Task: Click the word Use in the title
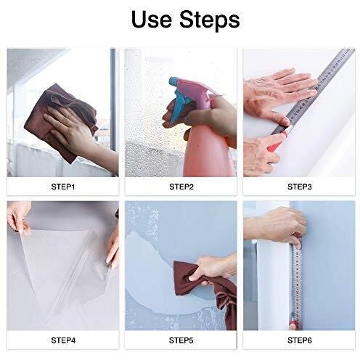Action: (151, 19)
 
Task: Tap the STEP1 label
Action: (63, 187)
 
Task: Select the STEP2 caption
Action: (181, 187)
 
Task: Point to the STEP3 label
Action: (299, 187)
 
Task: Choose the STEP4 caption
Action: (63, 340)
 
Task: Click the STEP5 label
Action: (181, 340)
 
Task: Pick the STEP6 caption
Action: (299, 340)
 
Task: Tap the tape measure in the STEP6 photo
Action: (297, 283)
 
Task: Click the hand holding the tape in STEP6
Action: (278, 226)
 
